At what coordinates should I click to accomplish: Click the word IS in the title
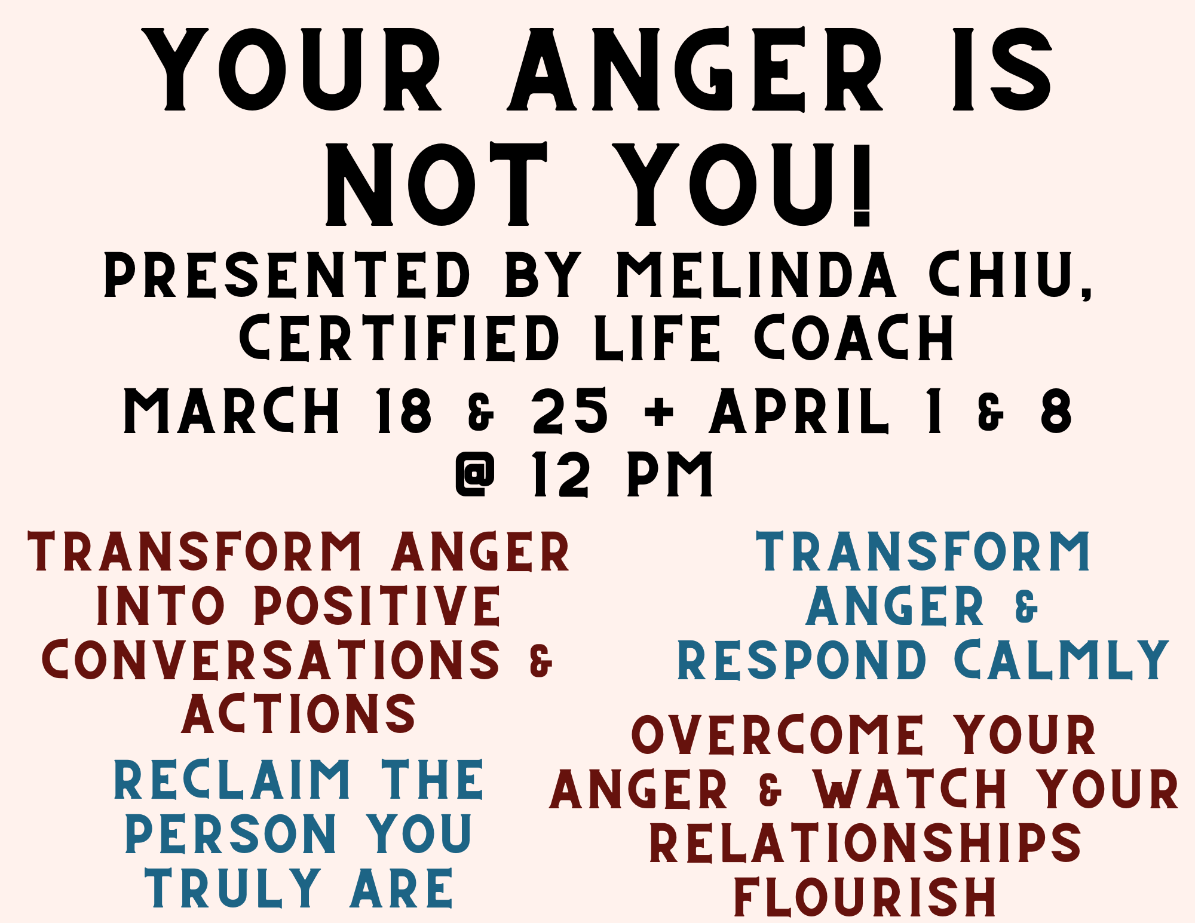1002,69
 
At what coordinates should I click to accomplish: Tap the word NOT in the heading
437,185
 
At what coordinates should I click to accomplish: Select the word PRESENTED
287,275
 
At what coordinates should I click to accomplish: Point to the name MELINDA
756,275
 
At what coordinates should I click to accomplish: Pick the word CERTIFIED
399,338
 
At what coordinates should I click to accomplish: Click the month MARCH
232,410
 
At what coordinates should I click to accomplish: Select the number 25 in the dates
570,410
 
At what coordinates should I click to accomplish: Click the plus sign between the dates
660,412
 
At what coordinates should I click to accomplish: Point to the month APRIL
799,410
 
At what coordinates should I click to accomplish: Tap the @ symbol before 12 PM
476,474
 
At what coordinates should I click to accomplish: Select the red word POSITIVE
378,606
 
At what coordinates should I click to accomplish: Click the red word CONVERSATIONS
271,660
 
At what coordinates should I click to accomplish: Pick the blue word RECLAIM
232,780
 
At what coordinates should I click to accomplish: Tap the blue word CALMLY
1062,660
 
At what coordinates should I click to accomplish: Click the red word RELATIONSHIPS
865,842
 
